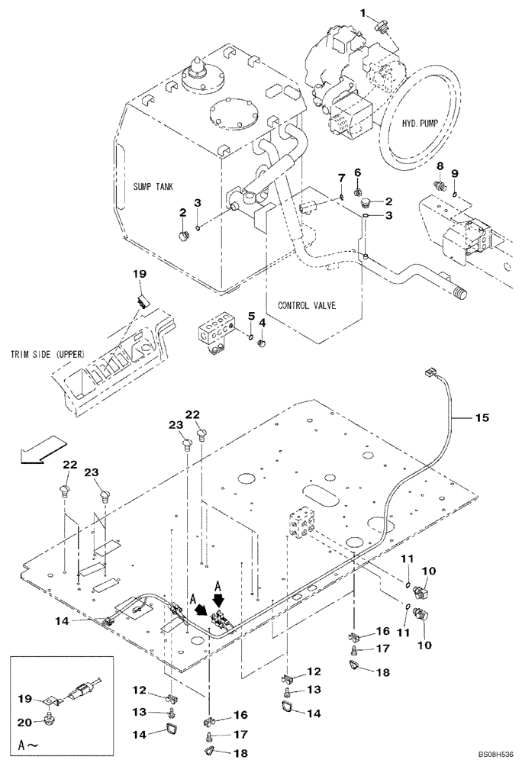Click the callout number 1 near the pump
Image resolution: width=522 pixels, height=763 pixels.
[x=364, y=13]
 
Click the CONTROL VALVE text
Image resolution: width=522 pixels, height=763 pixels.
[x=306, y=304]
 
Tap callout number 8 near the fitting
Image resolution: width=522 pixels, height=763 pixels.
[x=440, y=166]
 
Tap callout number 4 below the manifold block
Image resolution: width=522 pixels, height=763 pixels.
[x=262, y=323]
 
